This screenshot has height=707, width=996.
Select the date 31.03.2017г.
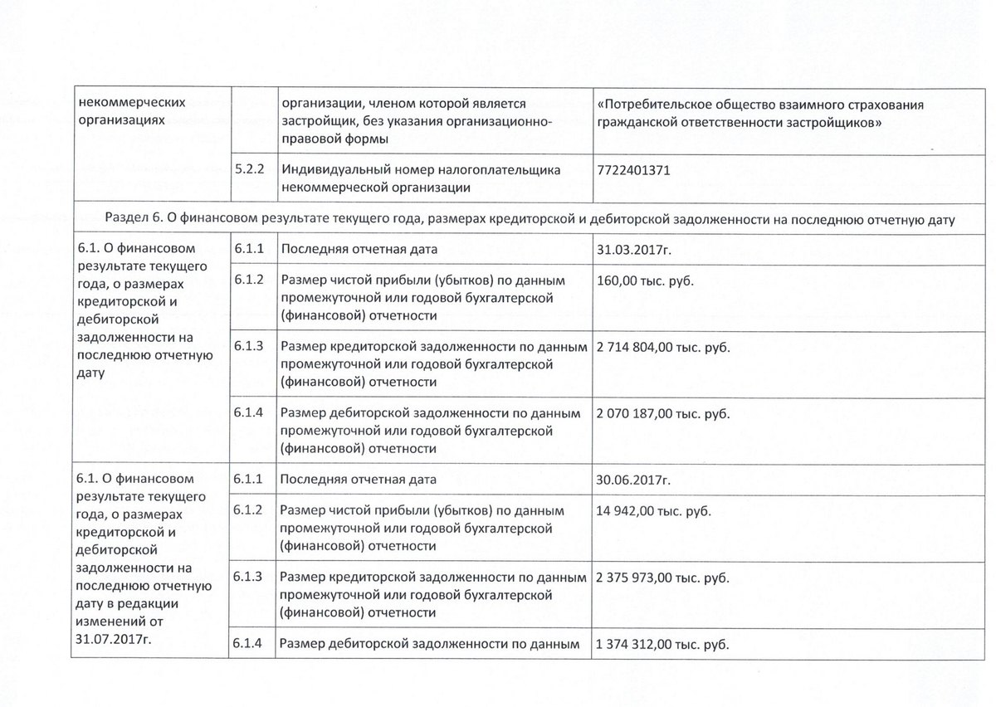pyautogui.click(x=633, y=250)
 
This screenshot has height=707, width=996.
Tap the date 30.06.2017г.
pyautogui.click(x=633, y=480)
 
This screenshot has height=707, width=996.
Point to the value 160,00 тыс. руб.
pyautogui.click(x=644, y=280)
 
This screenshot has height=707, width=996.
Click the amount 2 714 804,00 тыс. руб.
pyautogui.click(x=663, y=346)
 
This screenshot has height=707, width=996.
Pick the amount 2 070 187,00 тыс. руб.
pyautogui.click(x=663, y=412)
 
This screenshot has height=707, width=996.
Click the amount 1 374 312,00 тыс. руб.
pyautogui.click(x=663, y=643)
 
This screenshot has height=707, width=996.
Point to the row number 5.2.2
pyautogui.click(x=249, y=169)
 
